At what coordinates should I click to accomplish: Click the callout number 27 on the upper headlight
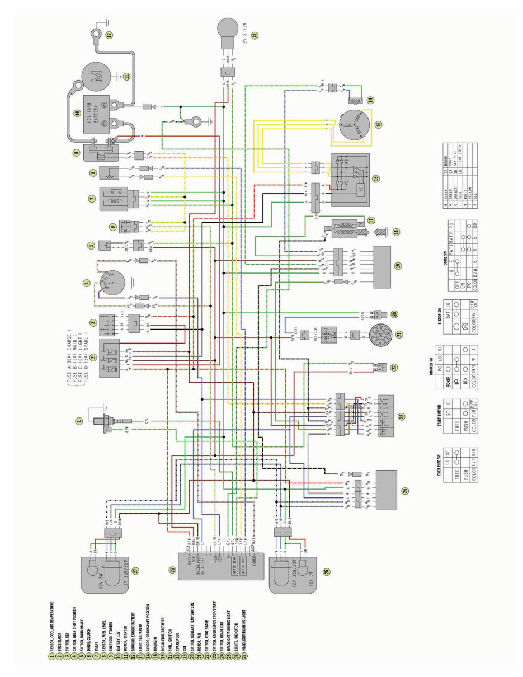coord(135,570)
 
